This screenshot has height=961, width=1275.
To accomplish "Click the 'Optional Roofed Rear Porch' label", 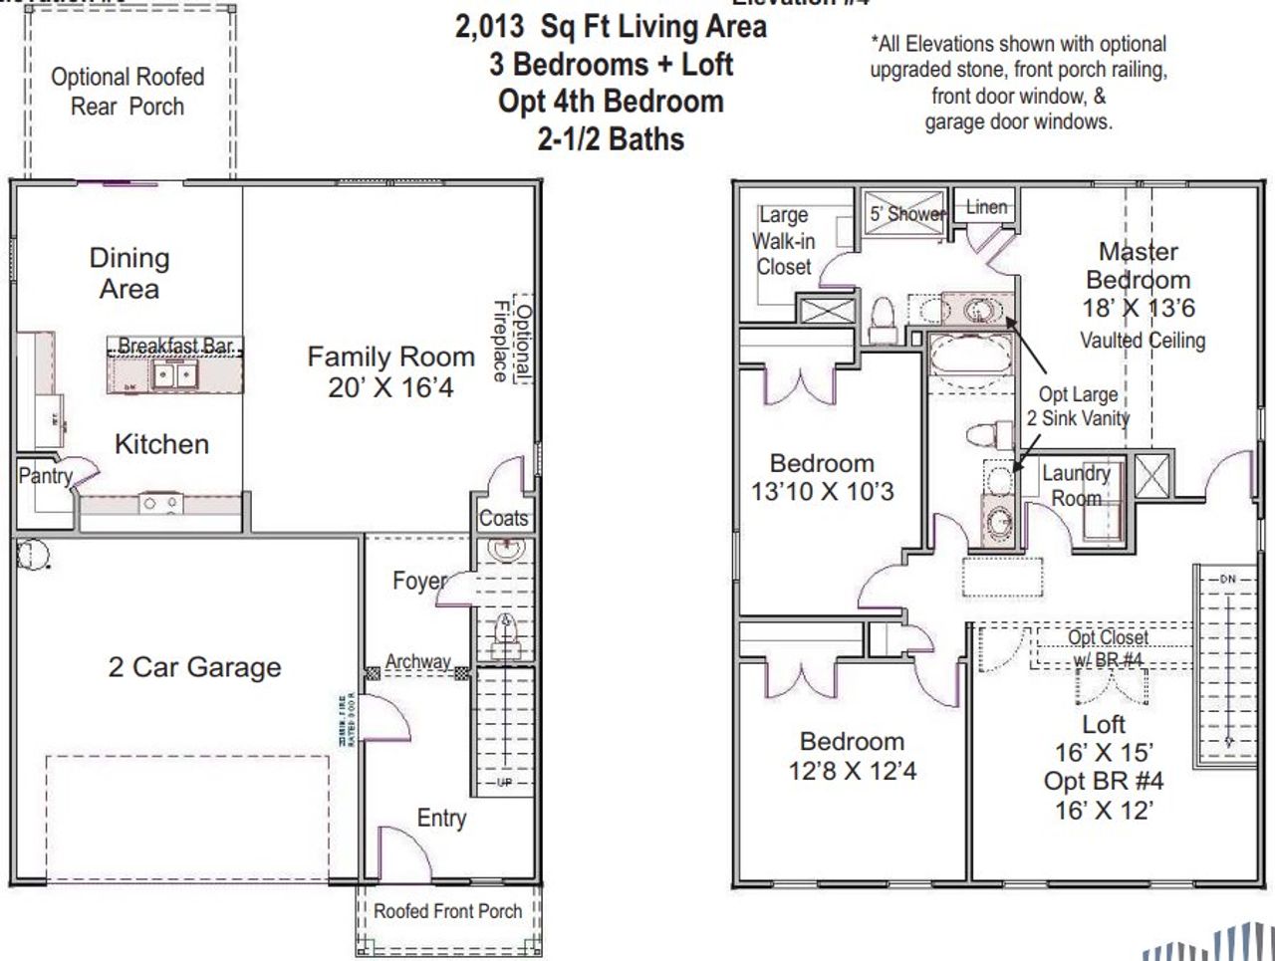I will tap(127, 92).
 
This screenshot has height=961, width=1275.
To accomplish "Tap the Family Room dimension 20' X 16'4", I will tap(390, 387).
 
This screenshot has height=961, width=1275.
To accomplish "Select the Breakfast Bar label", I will tap(175, 347).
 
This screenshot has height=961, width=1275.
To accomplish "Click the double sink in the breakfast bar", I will tap(175, 375).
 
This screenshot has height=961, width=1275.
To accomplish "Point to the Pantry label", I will tap(46, 476).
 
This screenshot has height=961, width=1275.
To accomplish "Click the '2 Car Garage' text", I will tap(194, 667).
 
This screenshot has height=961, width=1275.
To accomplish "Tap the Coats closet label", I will tap(503, 518).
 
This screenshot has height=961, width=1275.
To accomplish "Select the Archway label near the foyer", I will tap(418, 661).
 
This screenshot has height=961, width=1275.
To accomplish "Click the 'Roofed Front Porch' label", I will tap(447, 910).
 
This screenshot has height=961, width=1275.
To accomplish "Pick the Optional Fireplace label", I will tap(512, 342).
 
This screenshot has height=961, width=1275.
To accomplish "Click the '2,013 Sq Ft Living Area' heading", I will tap(611, 27).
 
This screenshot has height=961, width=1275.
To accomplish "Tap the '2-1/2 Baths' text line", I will tap(611, 138).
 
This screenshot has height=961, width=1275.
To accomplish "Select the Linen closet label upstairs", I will tap(986, 207).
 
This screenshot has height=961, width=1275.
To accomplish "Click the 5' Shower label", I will tap(905, 213).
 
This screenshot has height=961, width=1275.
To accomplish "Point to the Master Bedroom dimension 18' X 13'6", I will tap(1139, 309).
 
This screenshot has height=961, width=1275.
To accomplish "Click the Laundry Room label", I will tap(1076, 485).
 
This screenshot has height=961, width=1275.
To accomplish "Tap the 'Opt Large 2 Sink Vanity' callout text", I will tap(1078, 406).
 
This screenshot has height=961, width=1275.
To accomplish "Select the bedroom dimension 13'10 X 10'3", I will tap(823, 491).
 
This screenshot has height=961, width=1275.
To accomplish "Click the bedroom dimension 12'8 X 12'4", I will tap(853, 770).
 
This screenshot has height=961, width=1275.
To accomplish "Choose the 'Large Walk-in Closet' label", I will tap(784, 241).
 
